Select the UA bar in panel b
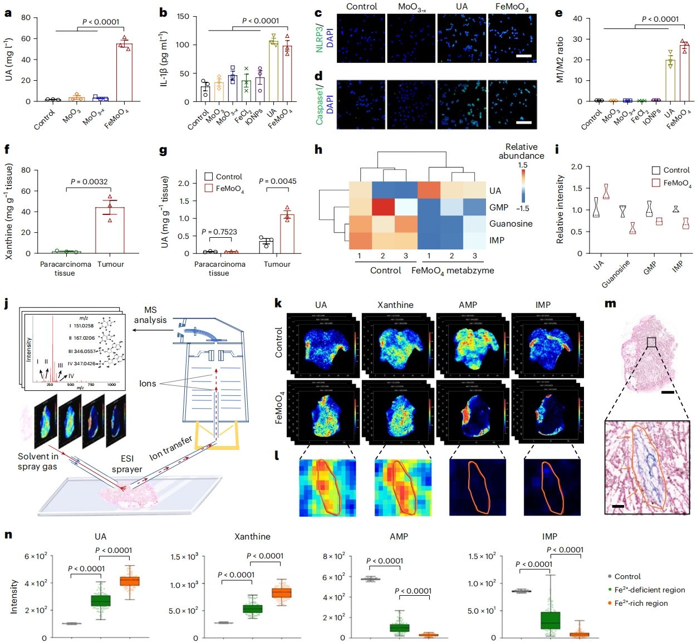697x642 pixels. (x=273, y=71)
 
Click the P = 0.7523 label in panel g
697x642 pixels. (x=219, y=232)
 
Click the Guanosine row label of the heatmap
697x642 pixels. (x=511, y=224)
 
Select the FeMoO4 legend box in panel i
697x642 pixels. (x=656, y=183)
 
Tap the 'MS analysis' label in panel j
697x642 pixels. (x=150, y=315)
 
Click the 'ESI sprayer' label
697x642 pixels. (x=127, y=464)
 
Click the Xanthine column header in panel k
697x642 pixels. (x=395, y=305)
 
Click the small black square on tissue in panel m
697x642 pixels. (x=651, y=342)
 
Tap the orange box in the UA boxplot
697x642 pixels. (x=130, y=581)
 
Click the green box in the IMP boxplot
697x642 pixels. (x=551, y=620)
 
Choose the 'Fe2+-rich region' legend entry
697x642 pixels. (x=641, y=603)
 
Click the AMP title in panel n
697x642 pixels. (x=399, y=537)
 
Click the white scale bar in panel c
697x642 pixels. (x=524, y=56)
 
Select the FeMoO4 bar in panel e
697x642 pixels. (x=685, y=72)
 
